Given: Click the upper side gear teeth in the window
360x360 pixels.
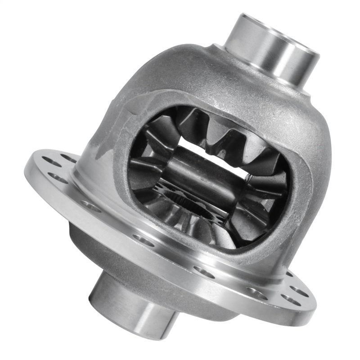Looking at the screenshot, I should [x=216, y=130].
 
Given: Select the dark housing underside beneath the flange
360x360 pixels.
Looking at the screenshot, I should [x=90, y=243].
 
